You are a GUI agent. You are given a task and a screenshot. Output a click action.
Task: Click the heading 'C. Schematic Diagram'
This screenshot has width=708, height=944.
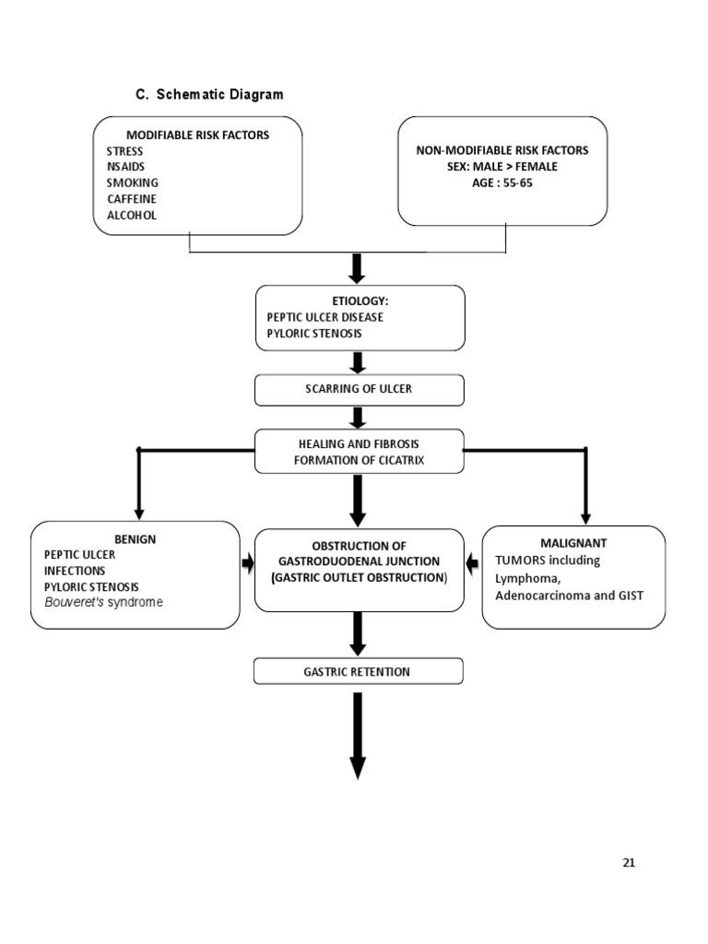(x=209, y=94)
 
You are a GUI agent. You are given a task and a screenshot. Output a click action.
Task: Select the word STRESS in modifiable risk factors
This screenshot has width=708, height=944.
(x=124, y=151)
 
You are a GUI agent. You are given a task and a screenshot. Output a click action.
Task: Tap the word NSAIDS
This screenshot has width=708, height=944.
(x=125, y=167)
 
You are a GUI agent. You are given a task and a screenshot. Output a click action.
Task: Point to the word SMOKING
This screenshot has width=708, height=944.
(x=132, y=183)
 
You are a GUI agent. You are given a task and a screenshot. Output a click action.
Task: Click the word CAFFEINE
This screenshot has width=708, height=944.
(x=131, y=199)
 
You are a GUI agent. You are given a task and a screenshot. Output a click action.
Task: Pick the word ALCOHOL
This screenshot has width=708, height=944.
(x=131, y=215)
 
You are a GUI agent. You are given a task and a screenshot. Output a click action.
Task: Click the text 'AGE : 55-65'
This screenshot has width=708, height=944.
(x=501, y=183)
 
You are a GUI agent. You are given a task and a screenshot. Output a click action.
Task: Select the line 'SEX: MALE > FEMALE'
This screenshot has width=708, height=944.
(x=501, y=167)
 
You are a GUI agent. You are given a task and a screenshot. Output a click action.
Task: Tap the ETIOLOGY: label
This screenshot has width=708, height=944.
(x=359, y=301)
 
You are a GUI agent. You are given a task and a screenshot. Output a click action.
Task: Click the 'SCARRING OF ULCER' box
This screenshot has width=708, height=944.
(x=359, y=389)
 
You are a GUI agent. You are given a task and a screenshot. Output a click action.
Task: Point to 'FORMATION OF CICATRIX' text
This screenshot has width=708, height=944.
(x=359, y=459)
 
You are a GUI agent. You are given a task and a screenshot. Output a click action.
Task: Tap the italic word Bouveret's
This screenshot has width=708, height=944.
(x=76, y=602)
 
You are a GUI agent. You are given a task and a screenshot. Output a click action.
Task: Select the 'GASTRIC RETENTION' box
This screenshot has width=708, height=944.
(x=359, y=672)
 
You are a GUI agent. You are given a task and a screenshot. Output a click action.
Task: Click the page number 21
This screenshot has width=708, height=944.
(x=629, y=863)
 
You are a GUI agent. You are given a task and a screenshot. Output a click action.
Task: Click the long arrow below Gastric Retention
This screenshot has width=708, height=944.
(x=358, y=737)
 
